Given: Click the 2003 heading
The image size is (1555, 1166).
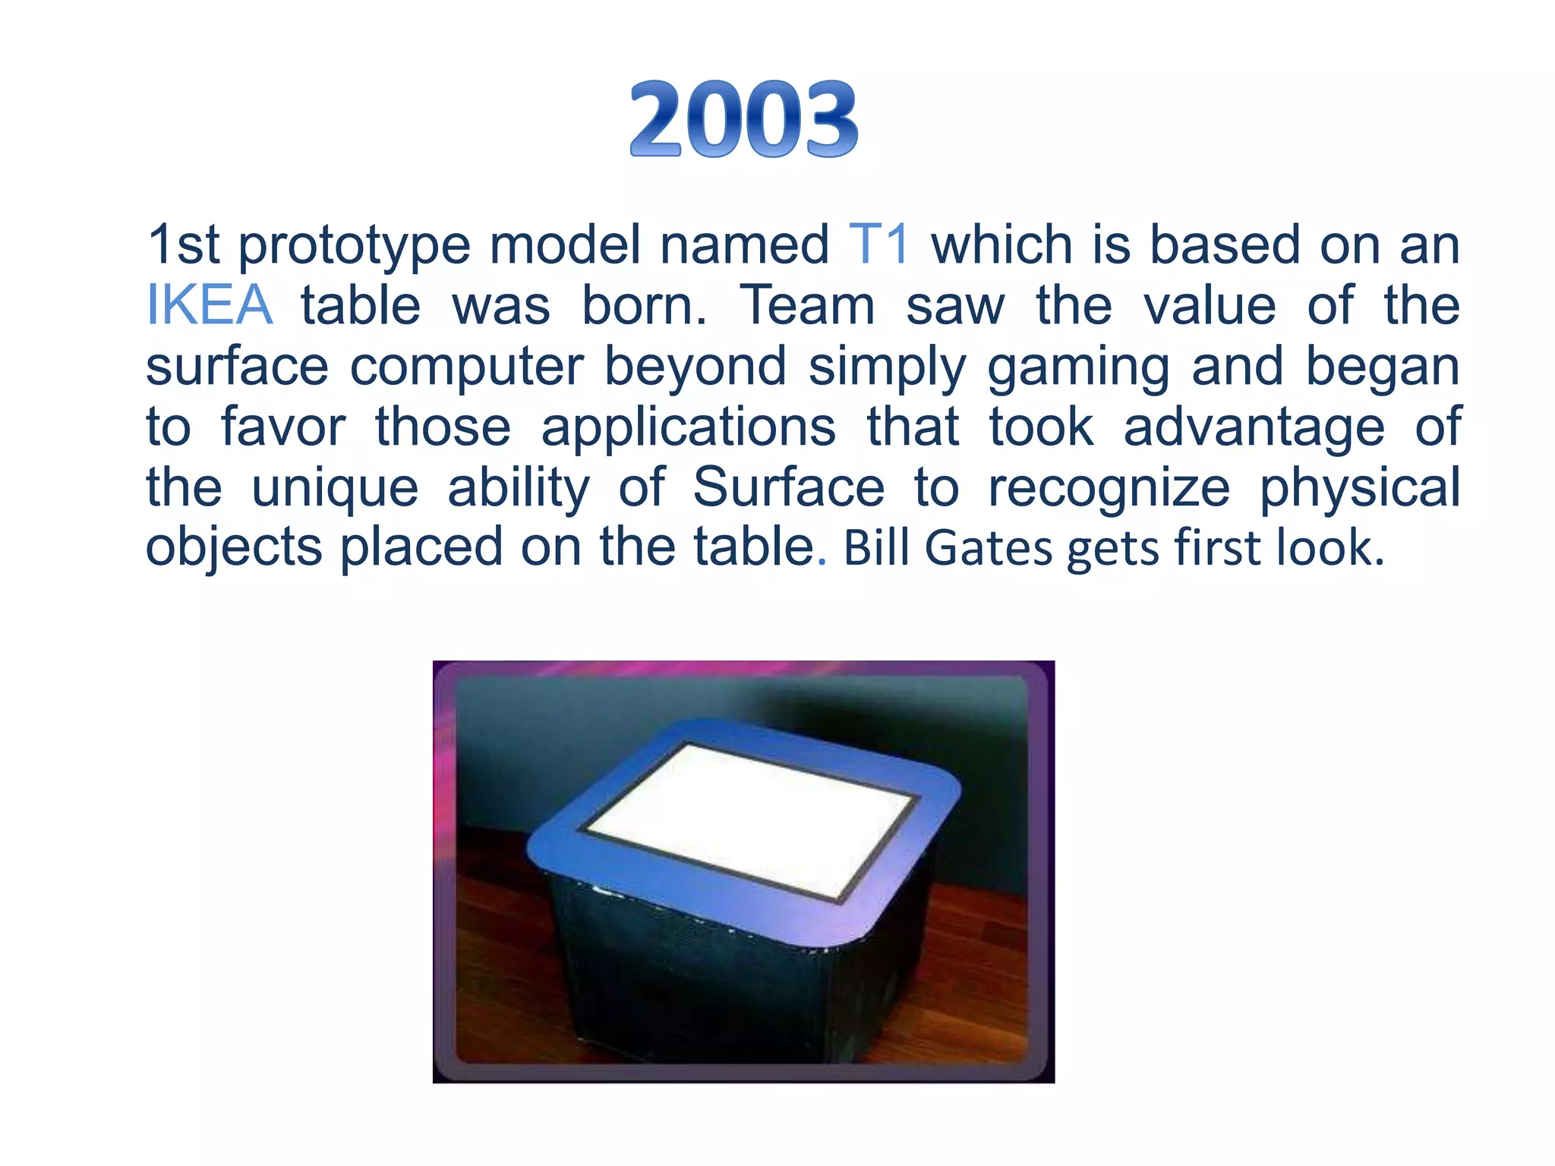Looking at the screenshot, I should coord(744,120).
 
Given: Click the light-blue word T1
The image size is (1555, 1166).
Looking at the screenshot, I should coord(878,244).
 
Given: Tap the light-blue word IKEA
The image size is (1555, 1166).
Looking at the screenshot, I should coord(209,305).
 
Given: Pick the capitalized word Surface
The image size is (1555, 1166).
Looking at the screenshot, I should coord(788,487).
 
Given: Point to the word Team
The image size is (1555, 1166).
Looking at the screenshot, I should coord(807,305).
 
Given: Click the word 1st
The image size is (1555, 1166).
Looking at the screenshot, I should coord(182,244).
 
